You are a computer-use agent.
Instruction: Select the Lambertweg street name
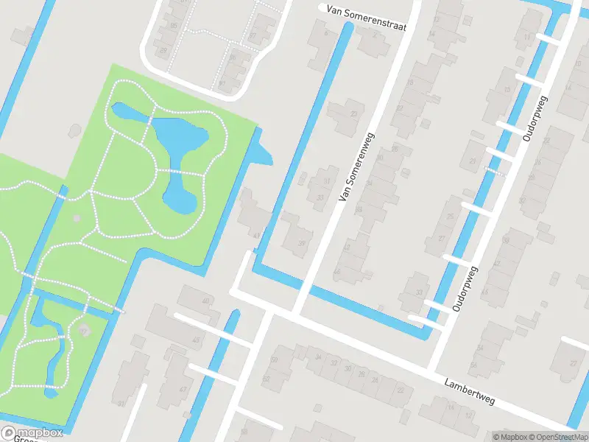[470, 391]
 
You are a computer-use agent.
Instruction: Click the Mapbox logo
[32, 432]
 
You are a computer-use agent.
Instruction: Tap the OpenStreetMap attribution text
[558, 437]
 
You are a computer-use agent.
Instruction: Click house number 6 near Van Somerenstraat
[322, 35]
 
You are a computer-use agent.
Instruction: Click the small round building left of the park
[75, 130]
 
